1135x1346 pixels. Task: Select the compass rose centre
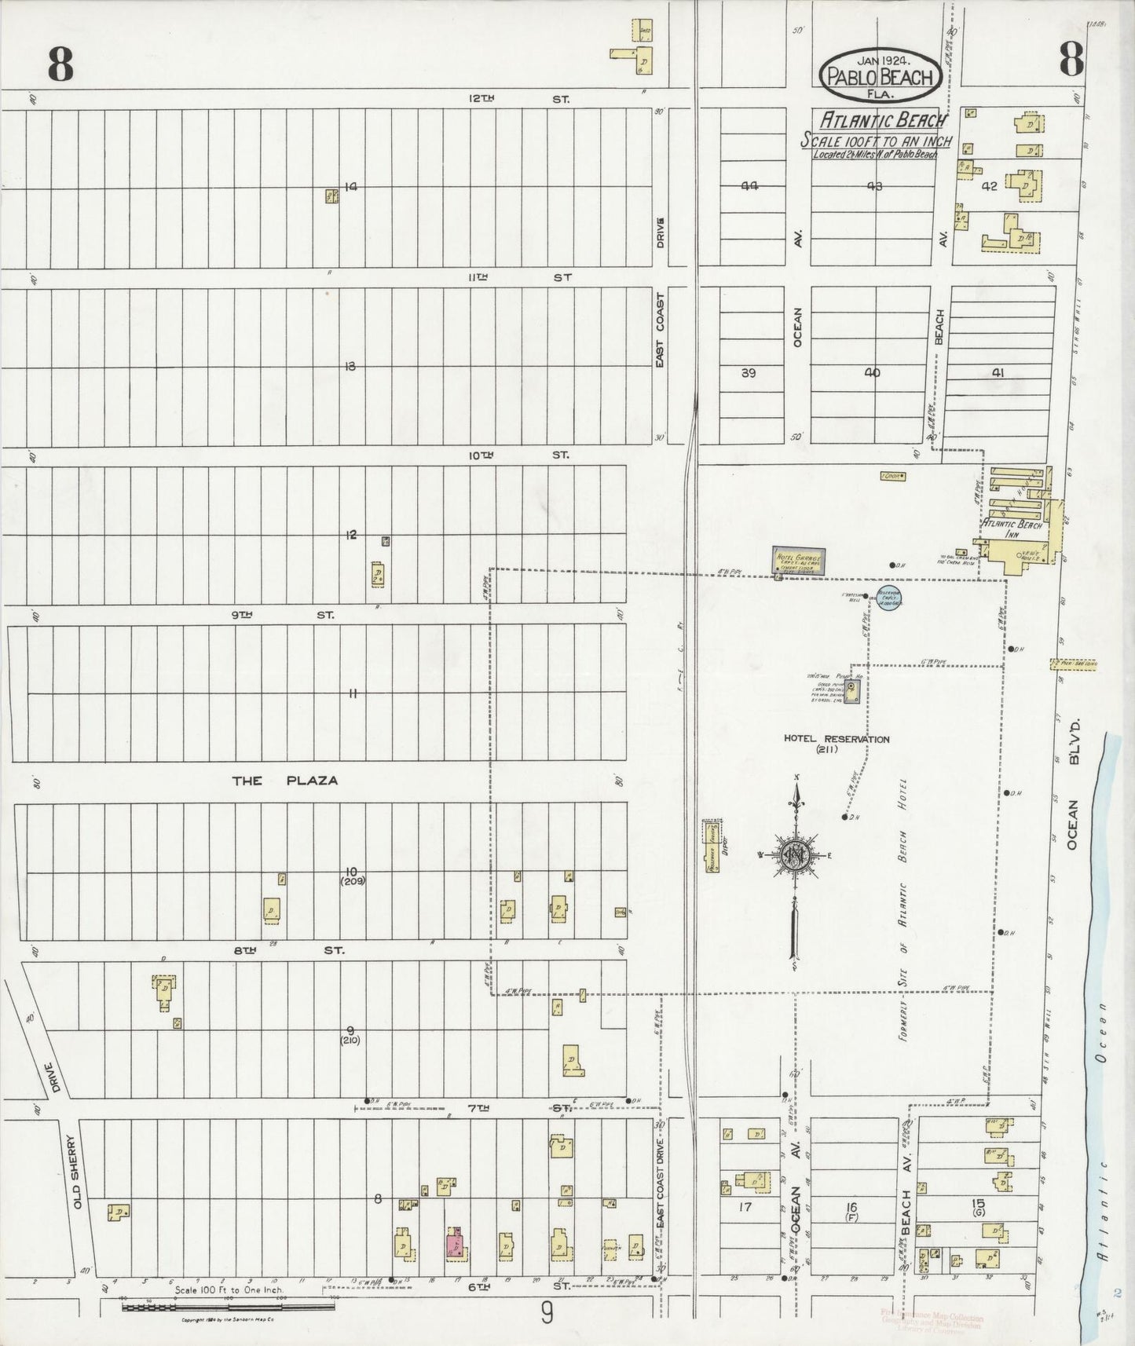[x=796, y=854]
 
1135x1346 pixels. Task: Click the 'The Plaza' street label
[x=285, y=781]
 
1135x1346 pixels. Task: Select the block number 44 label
[x=748, y=186]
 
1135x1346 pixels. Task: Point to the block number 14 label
[x=350, y=187]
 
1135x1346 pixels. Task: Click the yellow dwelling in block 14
[x=331, y=196]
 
